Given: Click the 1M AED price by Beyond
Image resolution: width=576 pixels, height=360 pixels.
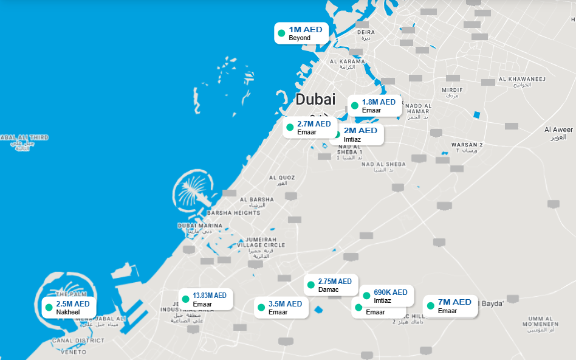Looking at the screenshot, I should [306, 29].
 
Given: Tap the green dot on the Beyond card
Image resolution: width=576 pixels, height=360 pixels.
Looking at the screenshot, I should [281, 33].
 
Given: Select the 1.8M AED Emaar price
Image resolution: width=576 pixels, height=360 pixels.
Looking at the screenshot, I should [379, 102].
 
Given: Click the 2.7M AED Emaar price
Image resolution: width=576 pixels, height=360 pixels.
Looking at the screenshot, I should [314, 123].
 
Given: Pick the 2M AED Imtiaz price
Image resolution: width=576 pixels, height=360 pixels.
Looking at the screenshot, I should [360, 131].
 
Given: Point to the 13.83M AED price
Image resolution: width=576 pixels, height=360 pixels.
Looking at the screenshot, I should [210, 296].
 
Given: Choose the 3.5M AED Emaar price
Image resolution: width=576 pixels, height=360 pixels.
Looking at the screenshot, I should [285, 304].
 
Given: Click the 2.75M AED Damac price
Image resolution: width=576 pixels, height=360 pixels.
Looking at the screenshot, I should [335, 282].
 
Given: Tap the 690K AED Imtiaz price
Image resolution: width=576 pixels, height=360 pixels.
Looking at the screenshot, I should [391, 292].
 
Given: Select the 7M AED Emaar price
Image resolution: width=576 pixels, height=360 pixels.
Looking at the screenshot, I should [454, 302].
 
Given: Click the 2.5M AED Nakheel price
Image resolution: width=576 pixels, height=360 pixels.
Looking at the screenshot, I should [73, 304].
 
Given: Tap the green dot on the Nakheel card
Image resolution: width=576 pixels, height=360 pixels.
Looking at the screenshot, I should [49, 308].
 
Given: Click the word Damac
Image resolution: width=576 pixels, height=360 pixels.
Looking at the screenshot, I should [329, 290].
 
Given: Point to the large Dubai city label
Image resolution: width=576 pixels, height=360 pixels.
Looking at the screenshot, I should [315, 100].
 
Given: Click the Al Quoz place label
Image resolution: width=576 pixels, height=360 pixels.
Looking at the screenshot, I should [282, 178].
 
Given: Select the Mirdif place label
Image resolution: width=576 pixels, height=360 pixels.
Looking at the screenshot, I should [452, 89].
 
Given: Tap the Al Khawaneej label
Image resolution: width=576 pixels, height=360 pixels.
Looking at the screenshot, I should [522, 79].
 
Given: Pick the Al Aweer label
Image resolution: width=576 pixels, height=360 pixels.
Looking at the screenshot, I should [558, 130].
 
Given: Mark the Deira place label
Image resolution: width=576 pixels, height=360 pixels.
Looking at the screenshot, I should [366, 32].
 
